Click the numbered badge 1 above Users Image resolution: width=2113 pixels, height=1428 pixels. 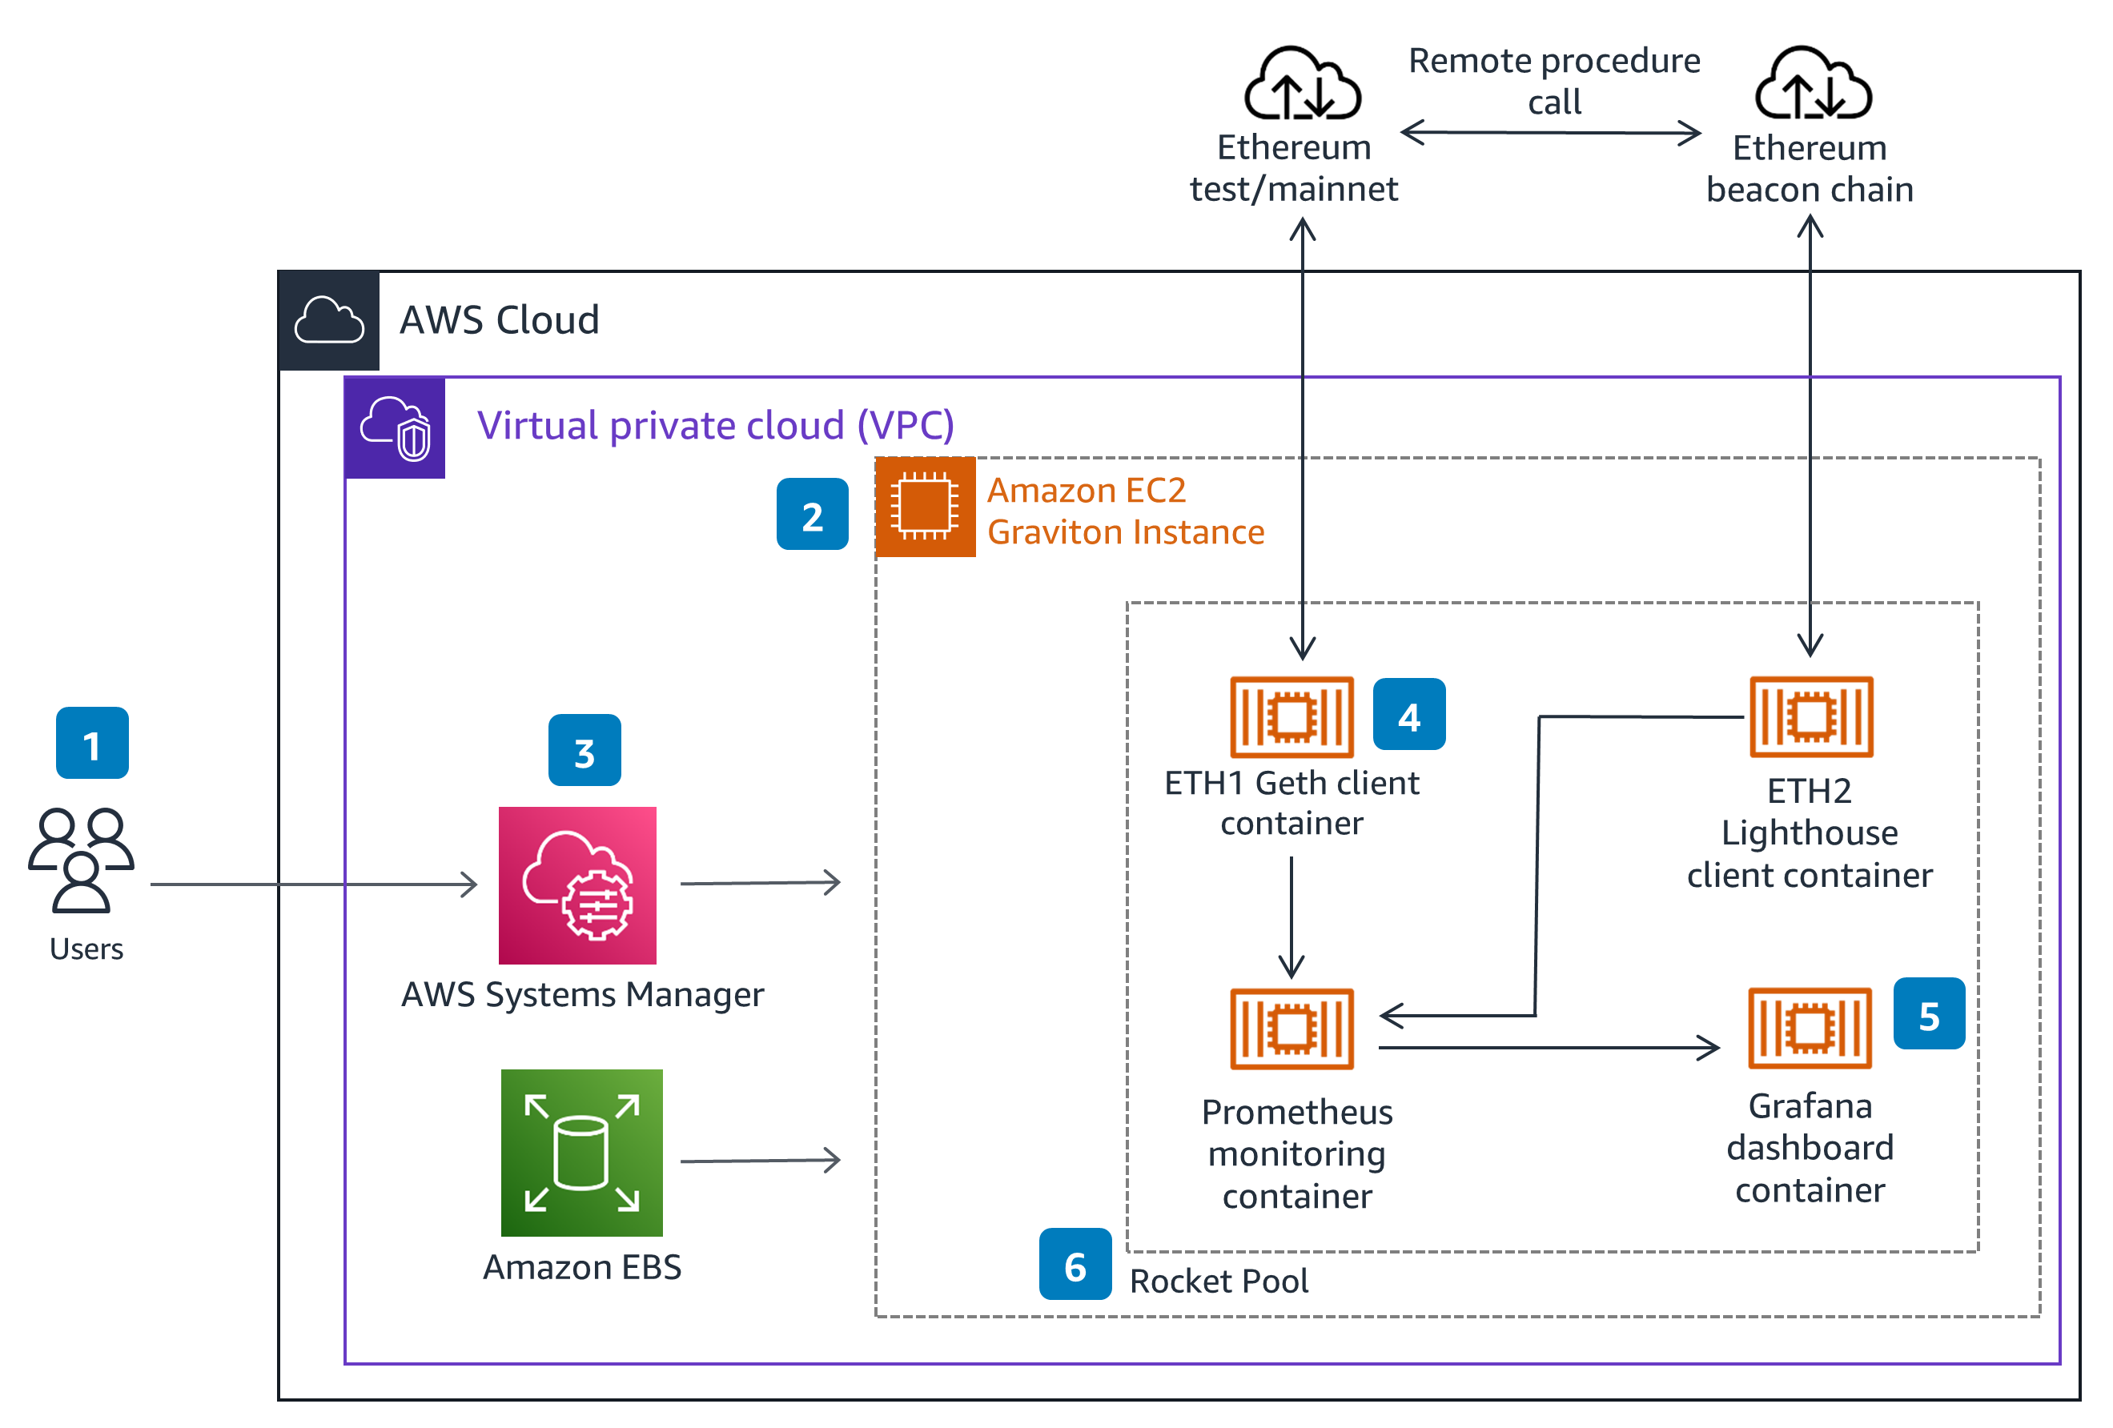click(x=92, y=743)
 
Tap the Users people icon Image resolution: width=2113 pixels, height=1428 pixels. click(x=81, y=859)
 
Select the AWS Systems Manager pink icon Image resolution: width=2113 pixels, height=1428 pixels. click(x=577, y=884)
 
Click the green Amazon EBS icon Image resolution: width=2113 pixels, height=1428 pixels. click(x=581, y=1152)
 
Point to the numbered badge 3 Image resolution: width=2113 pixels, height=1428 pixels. click(x=584, y=750)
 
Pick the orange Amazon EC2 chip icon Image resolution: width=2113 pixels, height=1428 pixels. click(x=925, y=507)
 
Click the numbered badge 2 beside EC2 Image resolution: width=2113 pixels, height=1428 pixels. click(x=812, y=515)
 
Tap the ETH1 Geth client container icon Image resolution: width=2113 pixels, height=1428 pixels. click(x=1291, y=716)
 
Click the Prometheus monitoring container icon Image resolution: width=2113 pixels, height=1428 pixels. click(x=1291, y=1028)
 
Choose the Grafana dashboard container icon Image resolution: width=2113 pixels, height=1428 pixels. click(x=1810, y=1027)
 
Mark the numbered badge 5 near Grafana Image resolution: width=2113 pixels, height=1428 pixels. click(x=1928, y=1013)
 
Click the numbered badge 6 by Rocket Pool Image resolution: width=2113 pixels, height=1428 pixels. click(x=1075, y=1263)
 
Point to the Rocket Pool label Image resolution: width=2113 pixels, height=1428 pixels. click(x=1219, y=1280)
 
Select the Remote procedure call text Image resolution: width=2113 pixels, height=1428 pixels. click(x=1554, y=81)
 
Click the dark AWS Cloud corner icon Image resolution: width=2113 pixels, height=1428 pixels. click(x=329, y=320)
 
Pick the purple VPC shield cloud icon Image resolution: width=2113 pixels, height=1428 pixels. click(x=396, y=427)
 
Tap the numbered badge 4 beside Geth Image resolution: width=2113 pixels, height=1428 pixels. click(x=1408, y=715)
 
